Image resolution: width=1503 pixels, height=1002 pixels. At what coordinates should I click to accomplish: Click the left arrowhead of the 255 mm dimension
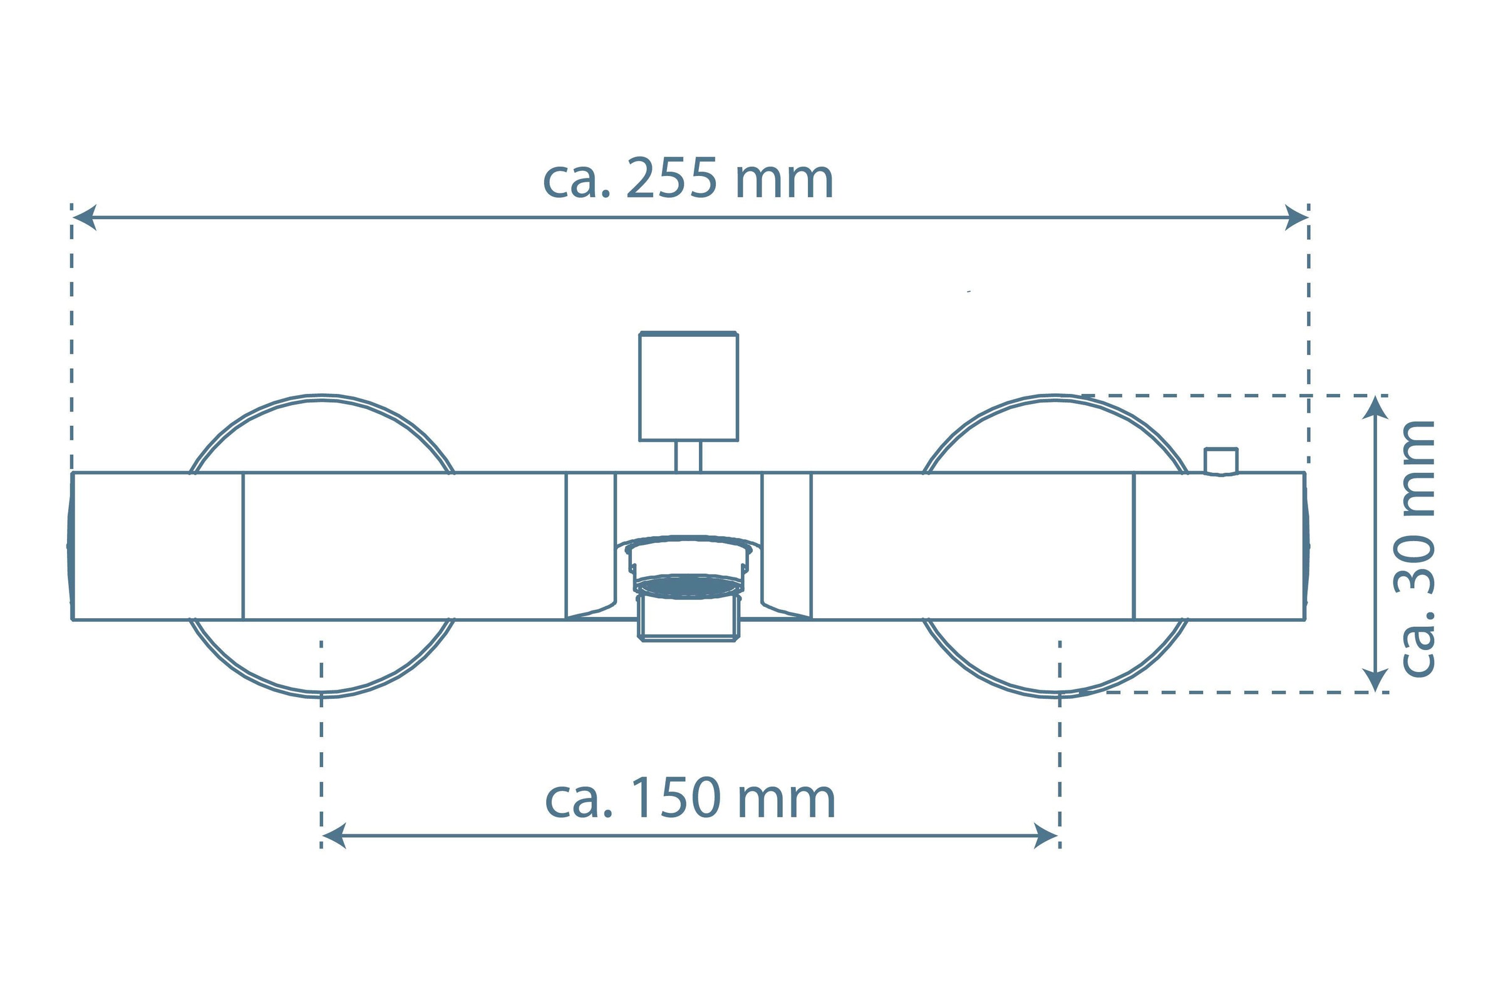click(85, 217)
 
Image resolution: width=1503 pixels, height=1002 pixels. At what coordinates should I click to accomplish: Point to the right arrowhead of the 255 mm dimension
click(1296, 217)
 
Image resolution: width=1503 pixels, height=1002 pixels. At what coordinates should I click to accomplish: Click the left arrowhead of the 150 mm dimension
click(334, 836)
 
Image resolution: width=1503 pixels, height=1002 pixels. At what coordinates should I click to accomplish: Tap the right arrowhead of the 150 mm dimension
click(1046, 836)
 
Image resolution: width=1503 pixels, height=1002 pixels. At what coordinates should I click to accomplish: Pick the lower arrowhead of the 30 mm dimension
click(1375, 680)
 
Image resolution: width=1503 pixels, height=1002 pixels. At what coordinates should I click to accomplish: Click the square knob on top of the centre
click(689, 386)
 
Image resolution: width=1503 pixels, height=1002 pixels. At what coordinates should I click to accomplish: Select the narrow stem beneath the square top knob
click(688, 457)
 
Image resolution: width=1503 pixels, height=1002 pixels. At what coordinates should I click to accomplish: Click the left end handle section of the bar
click(157, 546)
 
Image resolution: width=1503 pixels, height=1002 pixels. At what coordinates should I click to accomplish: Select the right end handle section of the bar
click(1221, 546)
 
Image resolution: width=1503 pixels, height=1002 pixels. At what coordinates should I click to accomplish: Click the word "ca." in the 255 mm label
click(577, 181)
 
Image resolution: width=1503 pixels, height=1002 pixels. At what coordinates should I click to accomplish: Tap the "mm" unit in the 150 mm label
click(787, 802)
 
